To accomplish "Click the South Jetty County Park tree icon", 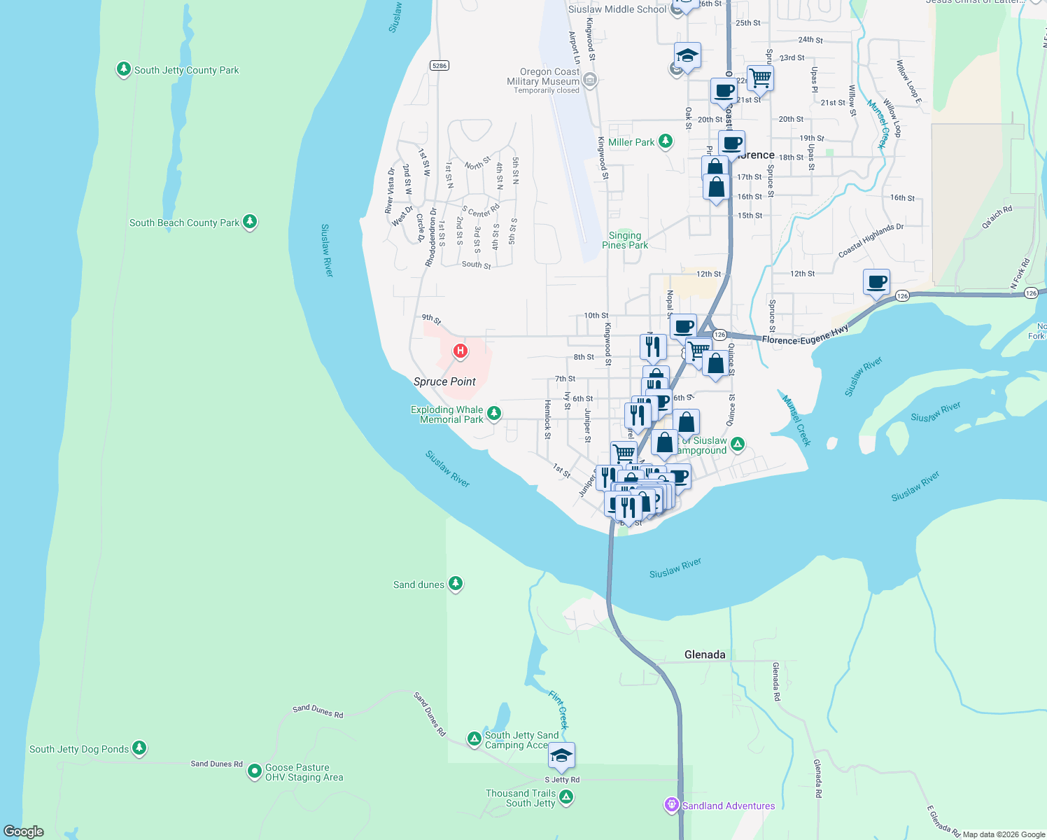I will pos(124,69).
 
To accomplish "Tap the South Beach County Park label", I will pos(184,223).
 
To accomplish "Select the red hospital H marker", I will pos(460,351).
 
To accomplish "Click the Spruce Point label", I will pos(444,381).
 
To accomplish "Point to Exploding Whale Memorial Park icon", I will pos(494,414).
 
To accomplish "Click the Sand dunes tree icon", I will pos(456,583).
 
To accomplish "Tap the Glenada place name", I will pos(705,654).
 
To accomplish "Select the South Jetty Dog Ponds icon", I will pos(139,748).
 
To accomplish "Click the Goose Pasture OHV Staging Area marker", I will pos(255,771).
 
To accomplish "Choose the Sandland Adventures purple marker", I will pos(672,805).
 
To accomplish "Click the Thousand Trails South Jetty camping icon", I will pos(566,797).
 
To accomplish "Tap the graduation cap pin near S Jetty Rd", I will pos(561,756).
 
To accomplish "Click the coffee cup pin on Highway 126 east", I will pos(876,283).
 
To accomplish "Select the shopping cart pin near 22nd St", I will pos(759,78).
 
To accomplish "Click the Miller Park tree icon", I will pos(666,141).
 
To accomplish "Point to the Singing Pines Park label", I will pos(625,240).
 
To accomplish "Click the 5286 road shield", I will pos(440,66).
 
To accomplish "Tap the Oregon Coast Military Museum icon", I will pos(590,80).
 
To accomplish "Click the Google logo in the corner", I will pos(24,831).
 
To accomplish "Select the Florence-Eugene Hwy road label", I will pos(805,335).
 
